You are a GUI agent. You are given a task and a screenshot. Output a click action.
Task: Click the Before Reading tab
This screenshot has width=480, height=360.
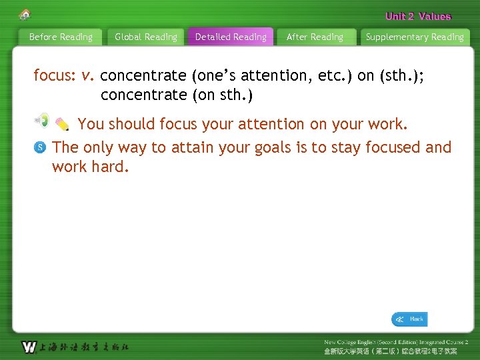61,37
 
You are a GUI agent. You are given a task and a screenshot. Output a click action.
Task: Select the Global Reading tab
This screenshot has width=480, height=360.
146,37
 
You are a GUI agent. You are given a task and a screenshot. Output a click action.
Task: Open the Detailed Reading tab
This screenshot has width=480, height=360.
231,37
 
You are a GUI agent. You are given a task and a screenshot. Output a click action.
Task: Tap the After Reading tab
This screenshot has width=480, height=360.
315,37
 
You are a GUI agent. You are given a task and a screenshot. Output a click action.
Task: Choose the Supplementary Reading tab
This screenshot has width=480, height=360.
415,37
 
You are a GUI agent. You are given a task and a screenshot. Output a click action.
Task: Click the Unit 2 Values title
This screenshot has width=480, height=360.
418,17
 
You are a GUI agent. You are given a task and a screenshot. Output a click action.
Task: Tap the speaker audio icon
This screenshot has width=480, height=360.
42,120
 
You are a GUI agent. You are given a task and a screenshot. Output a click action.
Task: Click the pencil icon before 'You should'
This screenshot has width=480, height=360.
62,124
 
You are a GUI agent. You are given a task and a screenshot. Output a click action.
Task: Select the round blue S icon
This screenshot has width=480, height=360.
40,147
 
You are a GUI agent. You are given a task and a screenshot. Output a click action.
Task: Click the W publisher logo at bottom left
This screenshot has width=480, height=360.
29,347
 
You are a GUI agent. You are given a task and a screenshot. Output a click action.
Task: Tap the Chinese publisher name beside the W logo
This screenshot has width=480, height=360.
84,347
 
